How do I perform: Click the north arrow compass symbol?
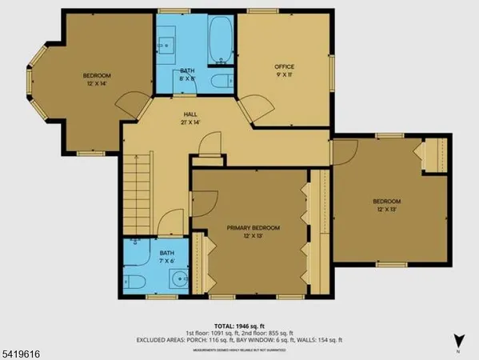[457, 341]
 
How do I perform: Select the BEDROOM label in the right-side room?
[386, 201]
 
